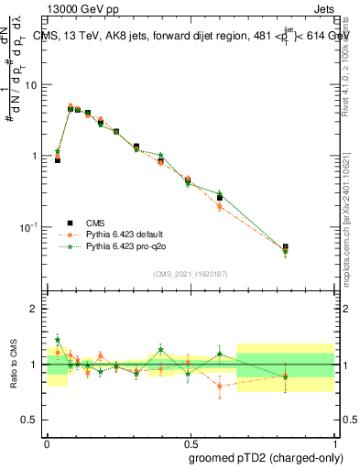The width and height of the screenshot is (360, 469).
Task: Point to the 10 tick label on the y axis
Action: click(31, 85)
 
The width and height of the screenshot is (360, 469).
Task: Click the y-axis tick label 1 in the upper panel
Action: click(35, 156)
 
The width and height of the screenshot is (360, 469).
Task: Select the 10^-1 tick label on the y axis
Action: click(29, 226)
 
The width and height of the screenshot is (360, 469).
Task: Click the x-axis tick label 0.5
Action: click(191, 440)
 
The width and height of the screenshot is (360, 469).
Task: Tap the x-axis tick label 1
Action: click(333, 440)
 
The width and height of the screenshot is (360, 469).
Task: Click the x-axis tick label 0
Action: click(47, 440)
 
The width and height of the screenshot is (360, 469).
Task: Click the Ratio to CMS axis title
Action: click(14, 364)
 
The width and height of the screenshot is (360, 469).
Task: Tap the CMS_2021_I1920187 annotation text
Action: click(190, 274)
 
